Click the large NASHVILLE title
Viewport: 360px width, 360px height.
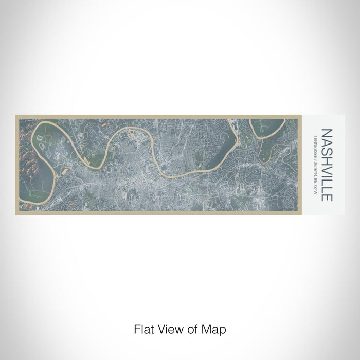click(x=326, y=165)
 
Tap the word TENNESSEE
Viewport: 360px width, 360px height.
click(x=315, y=147)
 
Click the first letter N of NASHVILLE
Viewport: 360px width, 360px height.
click(x=326, y=133)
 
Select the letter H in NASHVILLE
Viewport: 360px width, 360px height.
click(x=326, y=160)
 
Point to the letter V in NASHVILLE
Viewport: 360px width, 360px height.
click(x=326, y=170)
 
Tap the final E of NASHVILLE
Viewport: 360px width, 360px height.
click(x=326, y=198)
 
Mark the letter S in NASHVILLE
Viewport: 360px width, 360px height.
click(x=326, y=151)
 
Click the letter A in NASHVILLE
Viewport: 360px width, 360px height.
click(x=326, y=142)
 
